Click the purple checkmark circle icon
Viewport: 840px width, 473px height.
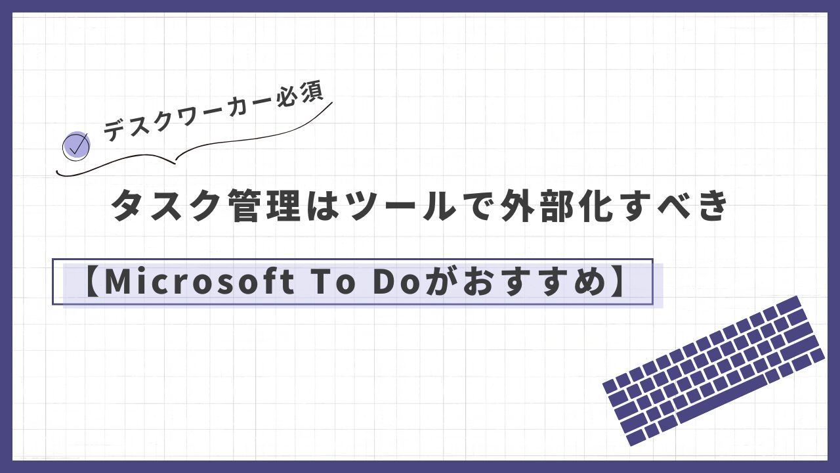tap(76, 146)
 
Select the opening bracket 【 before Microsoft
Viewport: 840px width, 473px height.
tap(94, 282)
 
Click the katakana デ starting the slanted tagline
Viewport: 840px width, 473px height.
tap(115, 131)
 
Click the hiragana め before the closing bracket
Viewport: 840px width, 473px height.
tap(587, 282)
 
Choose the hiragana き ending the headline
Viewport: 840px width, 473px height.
tap(709, 206)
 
